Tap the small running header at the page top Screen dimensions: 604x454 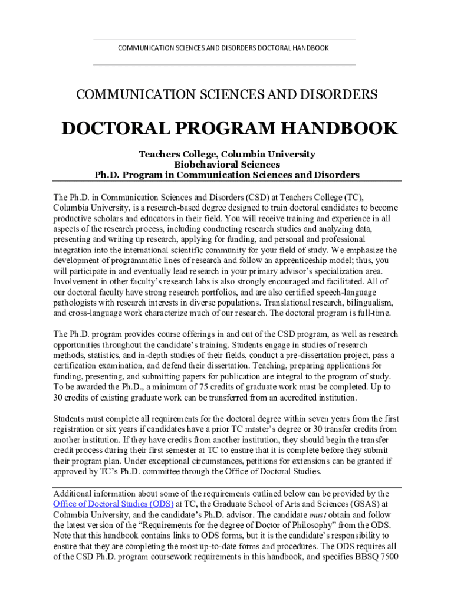[223, 48]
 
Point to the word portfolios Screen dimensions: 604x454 [238, 292]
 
